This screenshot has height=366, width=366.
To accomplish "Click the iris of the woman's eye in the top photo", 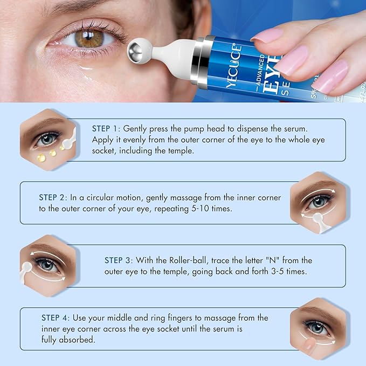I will pos(89,39).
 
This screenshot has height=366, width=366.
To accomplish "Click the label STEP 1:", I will pos(106,129).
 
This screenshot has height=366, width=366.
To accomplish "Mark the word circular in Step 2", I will pos(97,198).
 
